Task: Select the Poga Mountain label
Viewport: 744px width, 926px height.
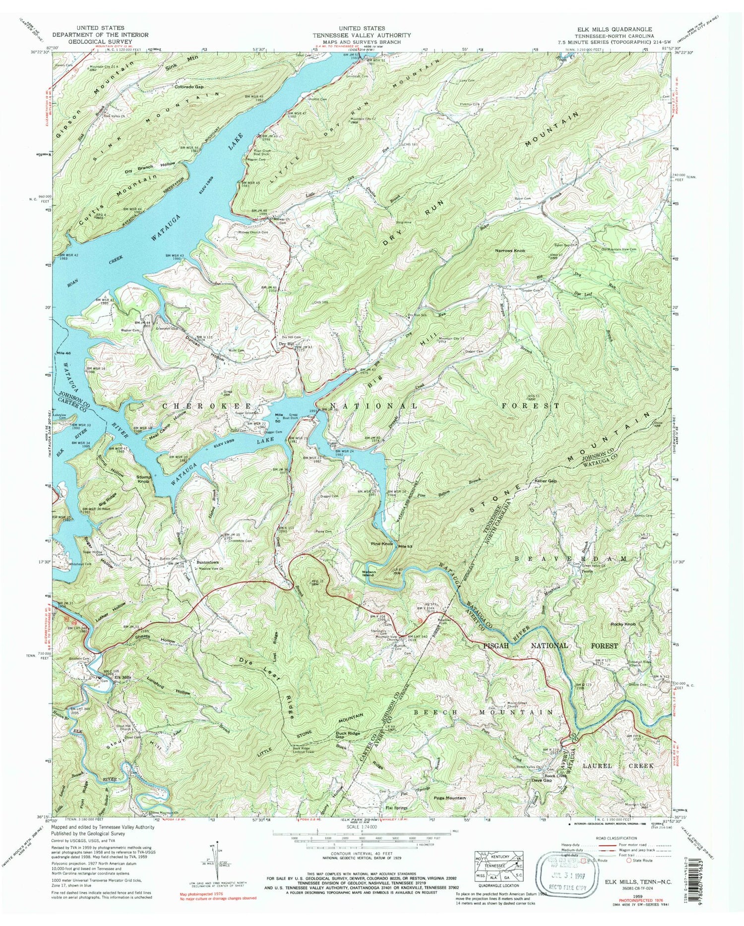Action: pyautogui.click(x=450, y=798)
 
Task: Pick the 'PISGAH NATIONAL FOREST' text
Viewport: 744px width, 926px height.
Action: pyautogui.click(x=551, y=645)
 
